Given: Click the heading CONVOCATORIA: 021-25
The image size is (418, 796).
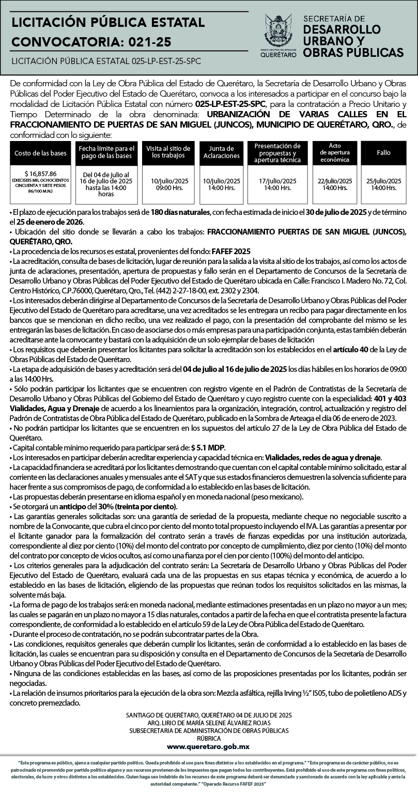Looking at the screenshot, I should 91,41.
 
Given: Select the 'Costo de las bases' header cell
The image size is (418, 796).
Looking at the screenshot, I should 40,153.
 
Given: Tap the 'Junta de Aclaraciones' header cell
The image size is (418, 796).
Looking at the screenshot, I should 222,152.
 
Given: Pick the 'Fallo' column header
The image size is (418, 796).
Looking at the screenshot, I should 383,153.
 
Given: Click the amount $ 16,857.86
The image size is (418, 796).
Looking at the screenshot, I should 40,174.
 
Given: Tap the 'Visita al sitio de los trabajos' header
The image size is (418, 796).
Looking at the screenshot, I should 168,152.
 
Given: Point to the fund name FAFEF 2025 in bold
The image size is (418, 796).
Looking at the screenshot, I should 231,251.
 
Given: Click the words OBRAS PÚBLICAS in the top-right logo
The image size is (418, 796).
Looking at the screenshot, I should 353,53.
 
